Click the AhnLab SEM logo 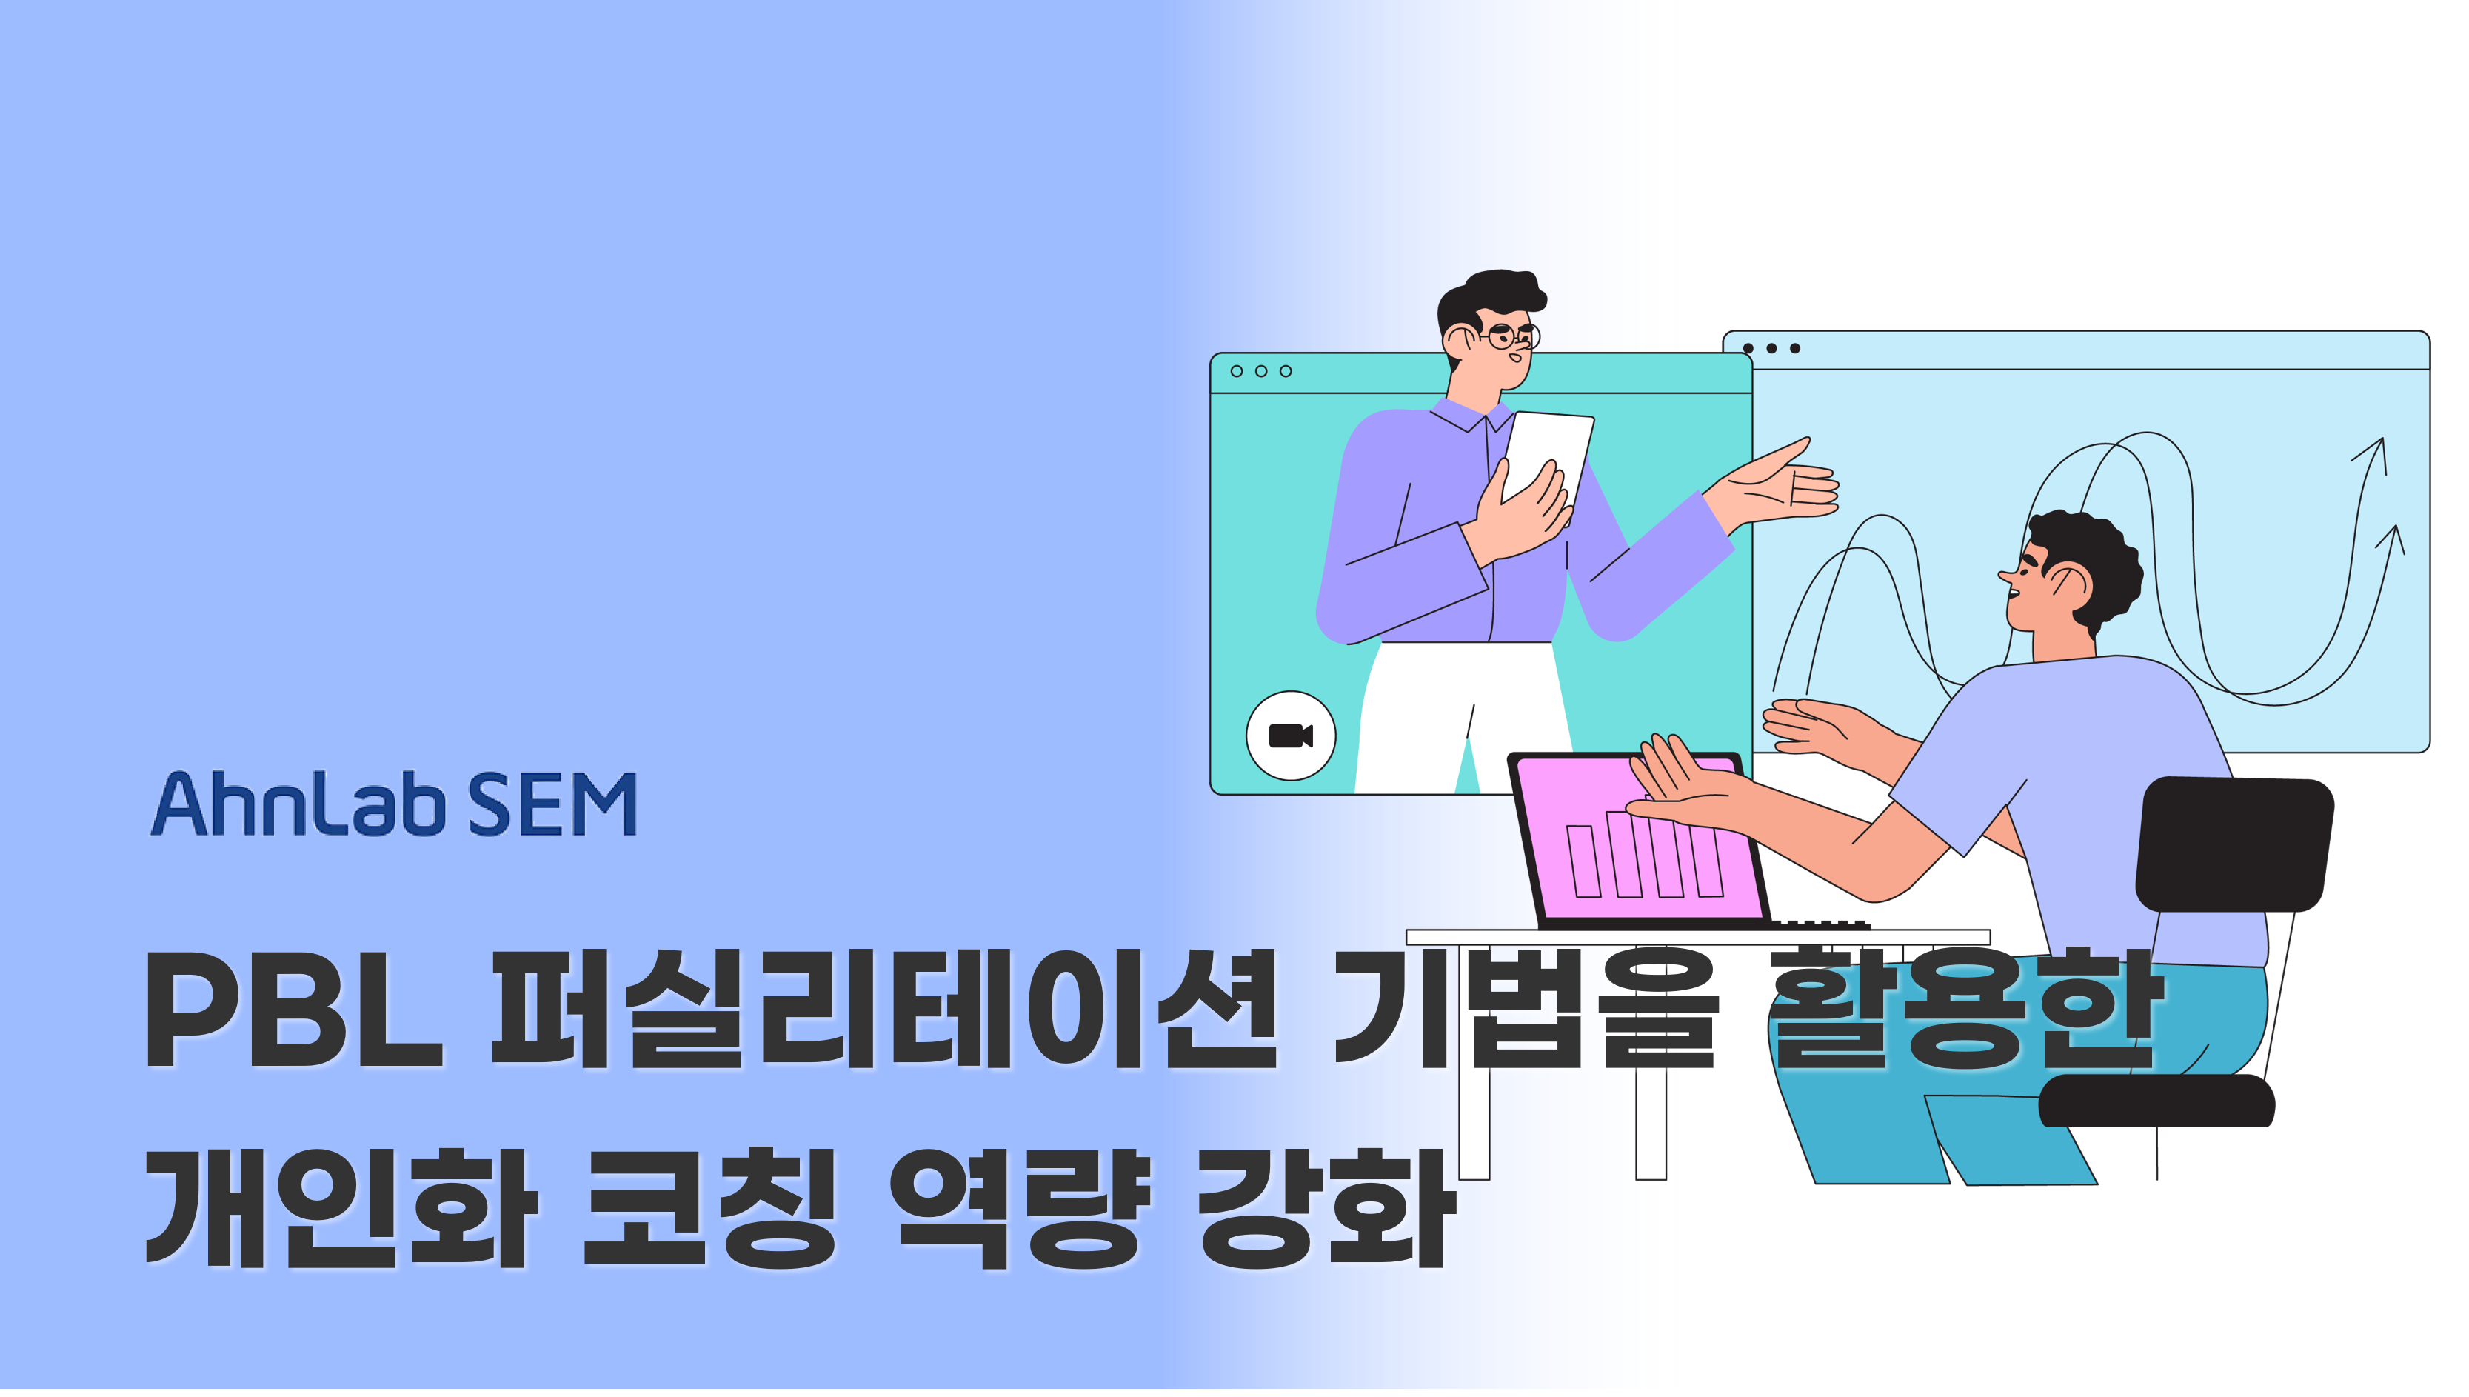coord(394,804)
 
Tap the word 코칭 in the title coord(709,1207)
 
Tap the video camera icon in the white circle coord(1290,736)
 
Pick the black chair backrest coord(2234,844)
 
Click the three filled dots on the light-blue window coord(1771,348)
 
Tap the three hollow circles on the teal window coord(1261,371)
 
